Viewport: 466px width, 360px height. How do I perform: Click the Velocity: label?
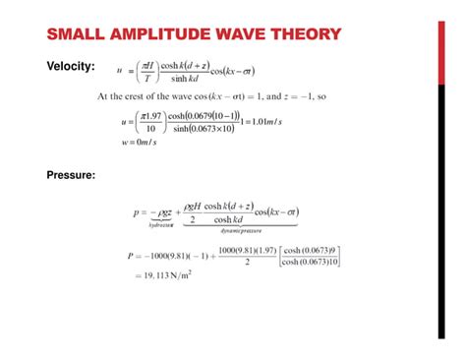coord(71,67)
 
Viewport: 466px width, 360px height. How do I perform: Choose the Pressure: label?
coord(71,176)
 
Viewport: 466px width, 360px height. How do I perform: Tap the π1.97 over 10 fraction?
coord(148,125)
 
